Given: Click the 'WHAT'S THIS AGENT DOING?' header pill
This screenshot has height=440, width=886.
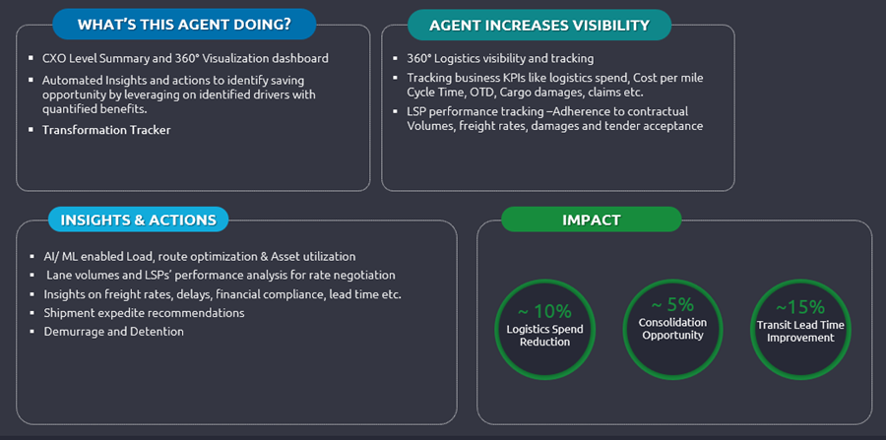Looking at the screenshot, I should [x=183, y=25].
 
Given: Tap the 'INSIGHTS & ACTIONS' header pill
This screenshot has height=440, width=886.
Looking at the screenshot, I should [x=138, y=219].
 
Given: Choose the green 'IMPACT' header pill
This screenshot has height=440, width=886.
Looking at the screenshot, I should [x=591, y=219].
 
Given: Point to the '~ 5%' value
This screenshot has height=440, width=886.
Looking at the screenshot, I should [x=672, y=304].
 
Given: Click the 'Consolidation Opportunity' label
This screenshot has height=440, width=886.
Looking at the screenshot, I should [x=671, y=329].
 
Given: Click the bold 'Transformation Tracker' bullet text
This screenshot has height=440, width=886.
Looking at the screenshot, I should [x=106, y=130].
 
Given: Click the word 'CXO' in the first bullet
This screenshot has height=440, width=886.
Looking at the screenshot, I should [x=55, y=59].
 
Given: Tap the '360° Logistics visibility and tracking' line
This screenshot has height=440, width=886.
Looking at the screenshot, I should [x=500, y=59].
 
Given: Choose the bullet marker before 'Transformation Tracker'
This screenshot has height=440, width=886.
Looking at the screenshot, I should [x=32, y=130].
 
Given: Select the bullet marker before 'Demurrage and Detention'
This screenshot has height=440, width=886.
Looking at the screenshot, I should [x=32, y=332].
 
